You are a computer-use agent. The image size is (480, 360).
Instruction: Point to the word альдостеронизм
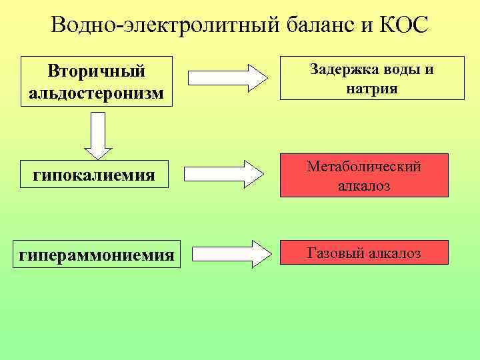point(97,91)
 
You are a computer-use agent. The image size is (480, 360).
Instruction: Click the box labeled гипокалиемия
point(94,175)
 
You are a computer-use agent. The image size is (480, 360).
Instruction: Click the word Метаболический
point(364,167)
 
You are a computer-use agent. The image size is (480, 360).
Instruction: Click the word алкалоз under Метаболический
point(364,187)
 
